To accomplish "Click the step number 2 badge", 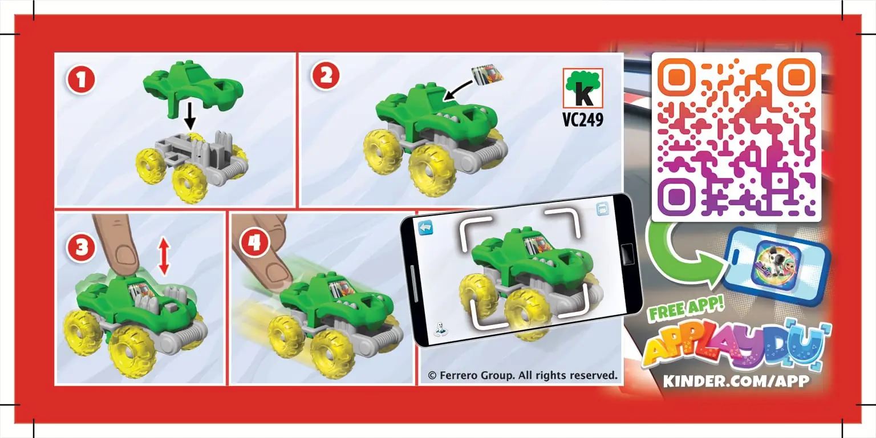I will [326, 77].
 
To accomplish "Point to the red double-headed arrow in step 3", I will [164, 257].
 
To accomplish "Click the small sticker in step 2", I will [488, 73].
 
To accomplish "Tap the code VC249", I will [583, 121].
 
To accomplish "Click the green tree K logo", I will [583, 88].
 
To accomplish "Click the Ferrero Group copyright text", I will [522, 375].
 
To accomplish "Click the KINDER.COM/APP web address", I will [736, 380].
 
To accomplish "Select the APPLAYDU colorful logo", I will [736, 348].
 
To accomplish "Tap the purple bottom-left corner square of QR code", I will [676, 197].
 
